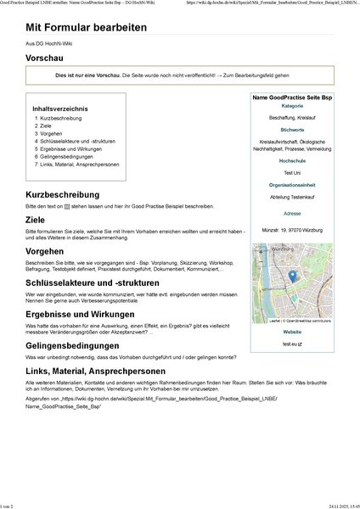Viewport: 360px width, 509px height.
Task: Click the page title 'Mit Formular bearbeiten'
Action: [x=86, y=28]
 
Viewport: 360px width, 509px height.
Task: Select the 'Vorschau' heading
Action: [x=49, y=59]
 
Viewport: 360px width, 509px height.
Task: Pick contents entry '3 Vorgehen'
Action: [x=50, y=134]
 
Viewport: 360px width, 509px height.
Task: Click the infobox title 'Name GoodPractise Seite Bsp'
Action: [x=291, y=99]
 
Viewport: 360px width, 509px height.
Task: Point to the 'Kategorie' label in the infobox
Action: [x=291, y=106]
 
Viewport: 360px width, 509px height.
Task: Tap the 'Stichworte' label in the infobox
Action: [x=291, y=130]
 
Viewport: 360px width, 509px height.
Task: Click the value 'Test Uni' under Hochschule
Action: [x=291, y=172]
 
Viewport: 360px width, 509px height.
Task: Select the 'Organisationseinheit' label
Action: [x=291, y=184]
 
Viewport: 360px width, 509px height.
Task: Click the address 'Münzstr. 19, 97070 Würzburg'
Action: [x=291, y=230]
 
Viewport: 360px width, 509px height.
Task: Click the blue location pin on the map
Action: [x=291, y=276]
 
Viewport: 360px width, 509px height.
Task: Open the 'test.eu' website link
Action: [x=290, y=344]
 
